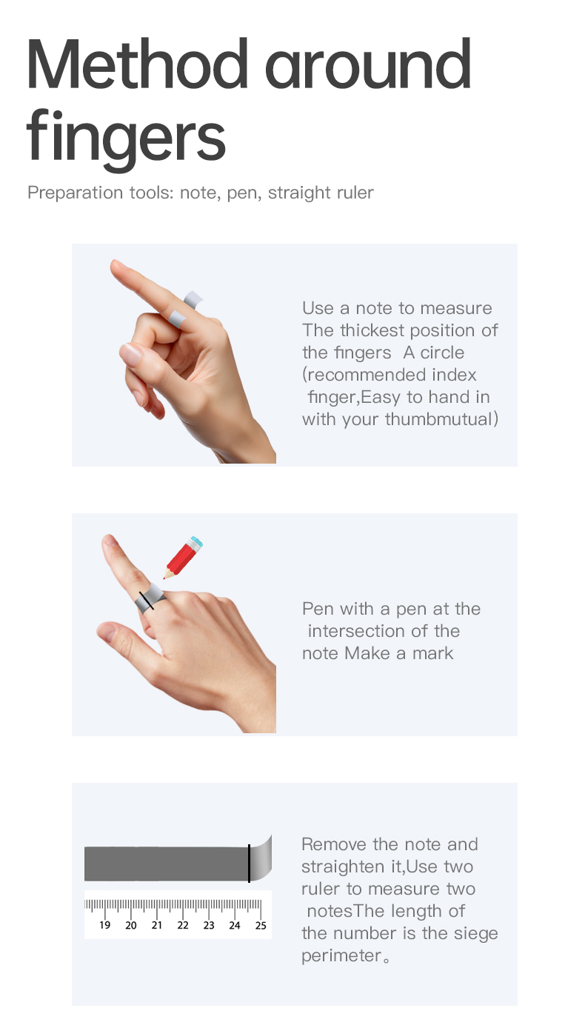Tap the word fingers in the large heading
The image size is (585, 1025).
tap(126, 138)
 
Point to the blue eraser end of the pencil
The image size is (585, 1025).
tap(195, 542)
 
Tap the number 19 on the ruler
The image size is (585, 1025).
tap(105, 926)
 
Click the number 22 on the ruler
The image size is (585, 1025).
tap(183, 926)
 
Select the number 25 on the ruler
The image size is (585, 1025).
tap(261, 926)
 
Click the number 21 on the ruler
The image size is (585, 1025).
tap(157, 926)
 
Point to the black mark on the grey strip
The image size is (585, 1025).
tap(249, 863)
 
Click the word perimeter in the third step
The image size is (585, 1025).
tap(341, 955)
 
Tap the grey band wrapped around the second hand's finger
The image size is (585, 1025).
tap(150, 597)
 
